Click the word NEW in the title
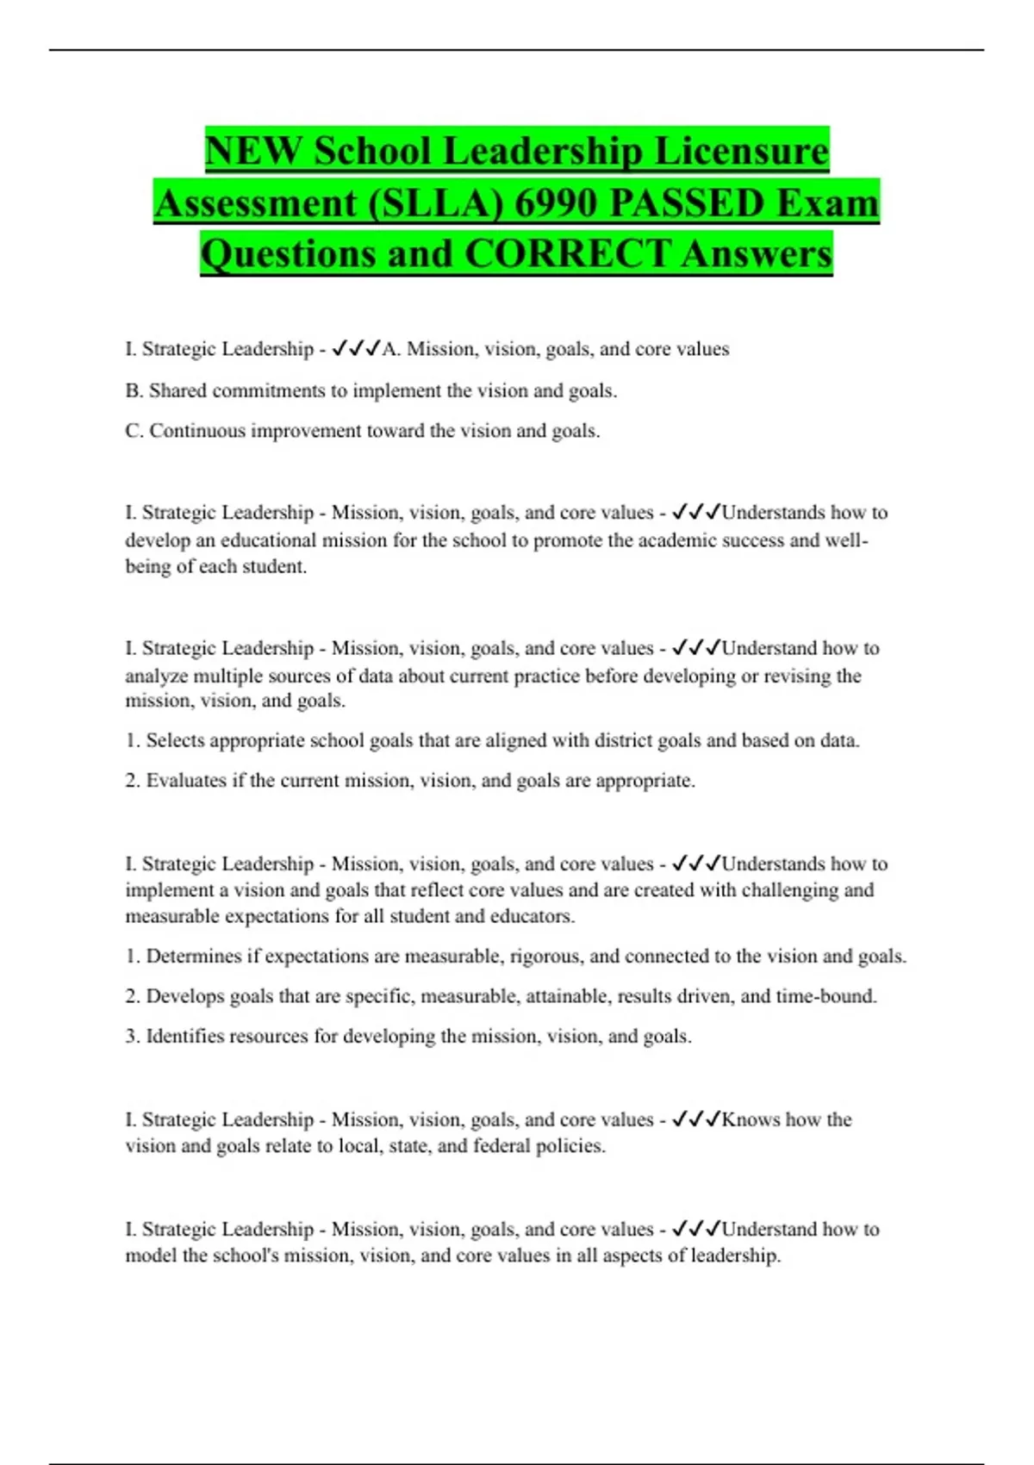(253, 152)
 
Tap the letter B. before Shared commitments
(134, 390)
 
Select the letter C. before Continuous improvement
(134, 431)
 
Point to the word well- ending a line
(848, 540)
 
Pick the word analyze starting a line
(156, 676)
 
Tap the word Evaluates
(186, 781)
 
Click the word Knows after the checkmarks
(751, 1119)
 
